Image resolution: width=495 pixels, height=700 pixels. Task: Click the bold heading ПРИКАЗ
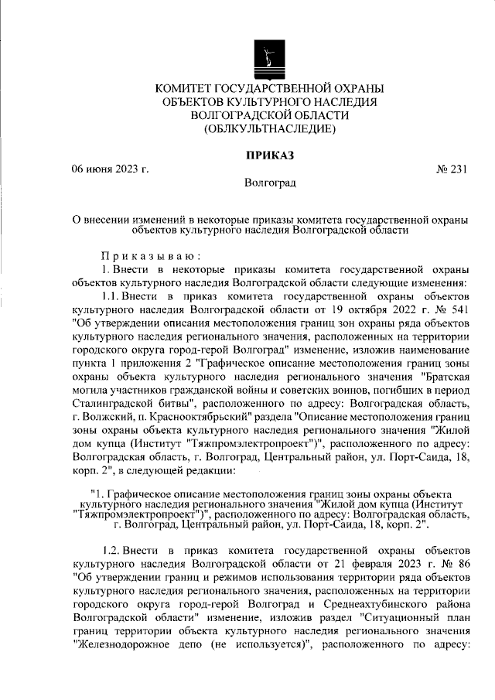[269, 155]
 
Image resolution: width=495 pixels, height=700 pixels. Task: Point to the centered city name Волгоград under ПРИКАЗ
[269, 184]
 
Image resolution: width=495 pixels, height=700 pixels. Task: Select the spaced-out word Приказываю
[152, 255]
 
